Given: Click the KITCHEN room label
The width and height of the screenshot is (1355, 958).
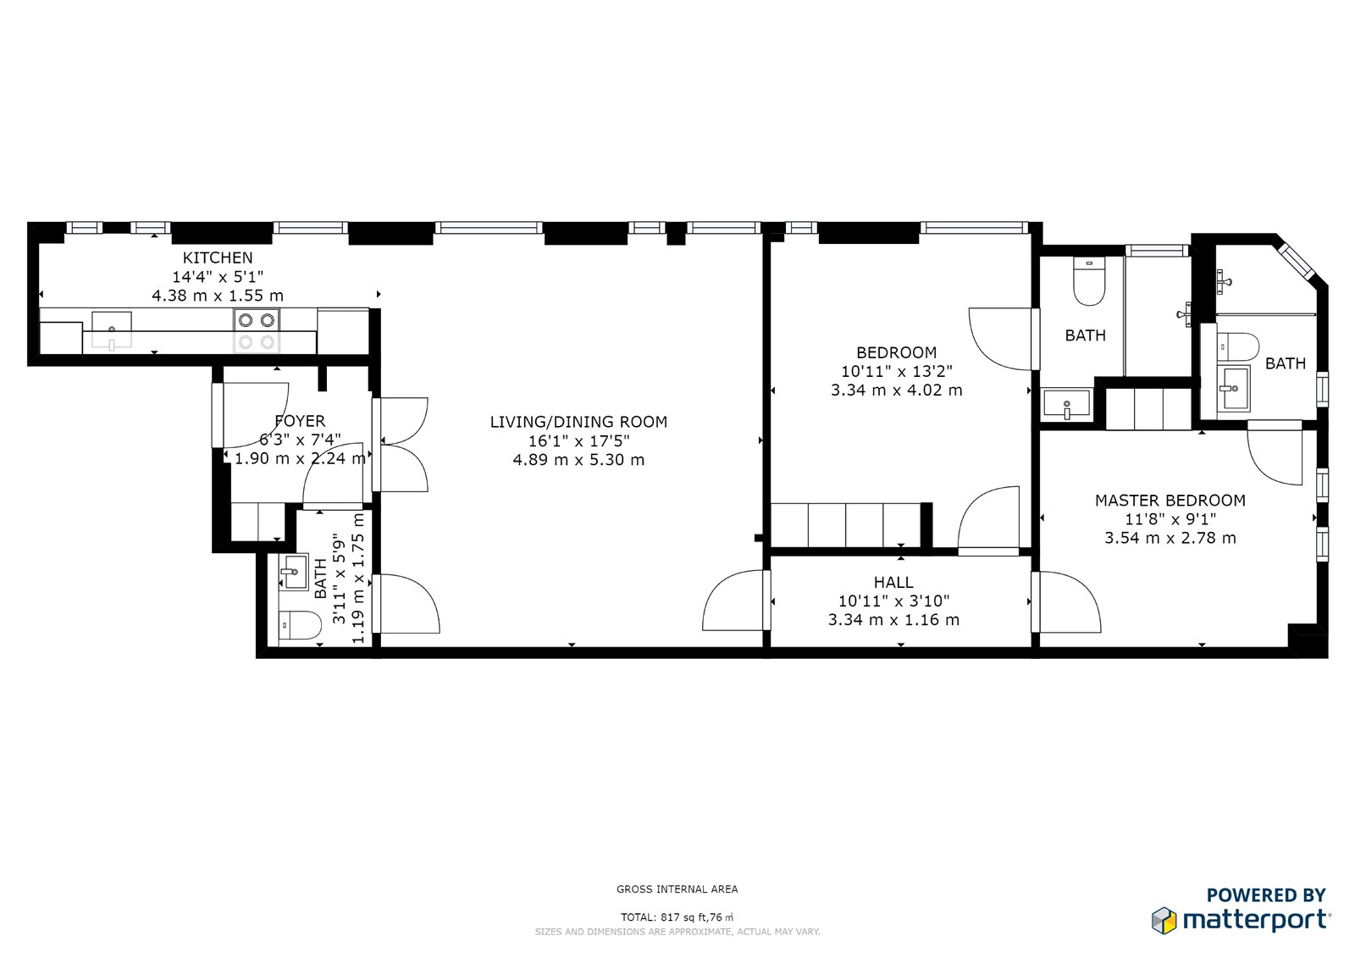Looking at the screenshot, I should click(x=218, y=257).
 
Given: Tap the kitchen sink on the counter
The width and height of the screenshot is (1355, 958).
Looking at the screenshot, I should click(x=111, y=329).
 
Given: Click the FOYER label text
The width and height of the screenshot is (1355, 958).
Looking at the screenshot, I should click(x=300, y=421).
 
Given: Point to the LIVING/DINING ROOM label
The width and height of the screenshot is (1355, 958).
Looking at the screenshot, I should click(x=578, y=422).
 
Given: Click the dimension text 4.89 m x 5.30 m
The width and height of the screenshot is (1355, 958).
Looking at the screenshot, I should click(x=578, y=460).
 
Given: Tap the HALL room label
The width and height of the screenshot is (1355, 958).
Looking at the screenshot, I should click(x=893, y=582).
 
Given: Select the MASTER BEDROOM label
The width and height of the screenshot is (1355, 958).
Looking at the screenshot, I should click(x=1170, y=501).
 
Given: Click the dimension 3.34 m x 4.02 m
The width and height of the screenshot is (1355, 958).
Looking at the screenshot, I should click(x=896, y=390).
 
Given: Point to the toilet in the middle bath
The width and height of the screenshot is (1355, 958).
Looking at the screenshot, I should click(x=1089, y=282).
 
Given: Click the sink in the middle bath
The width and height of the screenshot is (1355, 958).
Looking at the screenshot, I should click(x=1067, y=403).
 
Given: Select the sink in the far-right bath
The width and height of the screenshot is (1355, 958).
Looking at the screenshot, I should click(x=1233, y=389).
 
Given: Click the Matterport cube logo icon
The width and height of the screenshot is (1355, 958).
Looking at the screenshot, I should click(x=1164, y=921).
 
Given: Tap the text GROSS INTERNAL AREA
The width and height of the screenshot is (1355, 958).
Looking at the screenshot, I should click(x=677, y=889).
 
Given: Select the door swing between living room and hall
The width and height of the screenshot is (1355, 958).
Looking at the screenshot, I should click(x=733, y=601).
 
